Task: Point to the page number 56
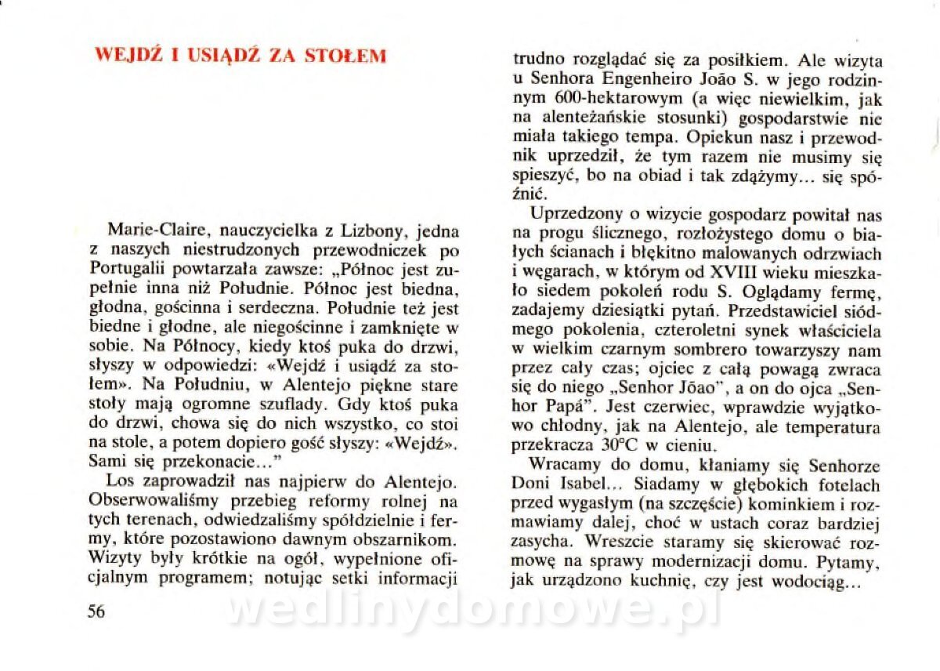pyautogui.click(x=96, y=611)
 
